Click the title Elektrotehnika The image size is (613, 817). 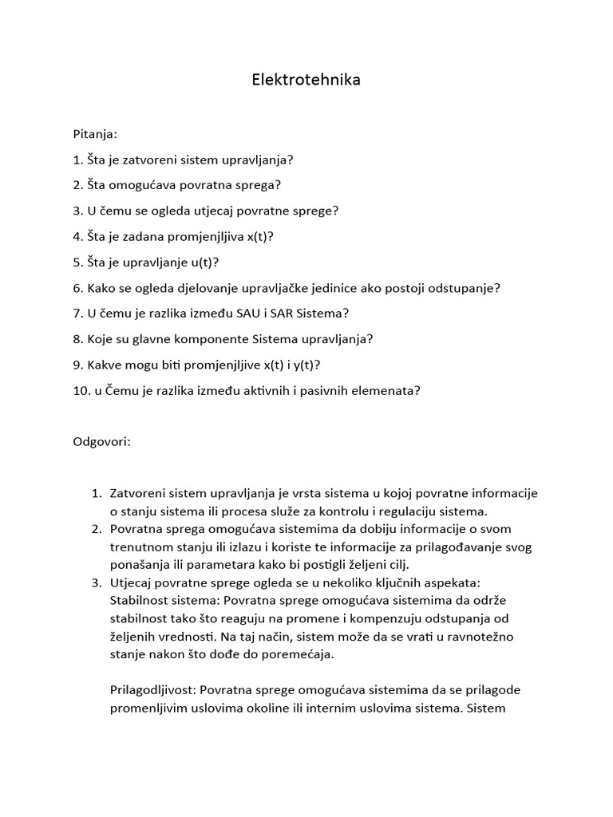tap(306, 80)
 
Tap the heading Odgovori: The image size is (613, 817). tap(101, 441)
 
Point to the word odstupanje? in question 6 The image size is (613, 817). tap(466, 287)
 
